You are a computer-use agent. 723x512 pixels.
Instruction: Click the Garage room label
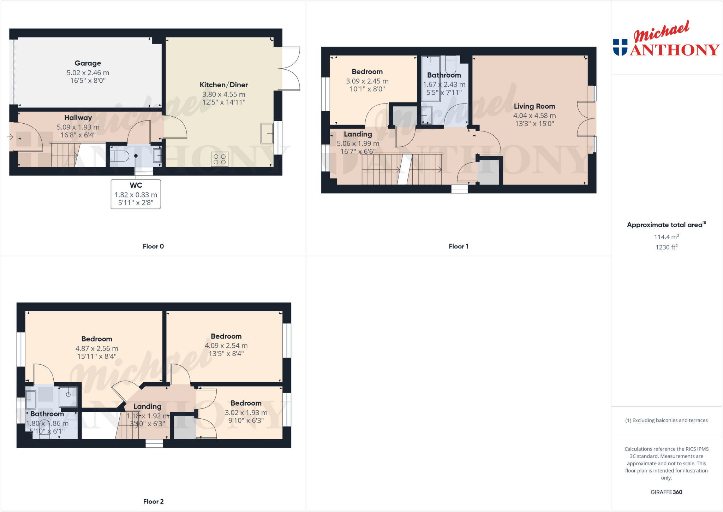88,63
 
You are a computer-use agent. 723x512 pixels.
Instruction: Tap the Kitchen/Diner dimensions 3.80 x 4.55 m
223,94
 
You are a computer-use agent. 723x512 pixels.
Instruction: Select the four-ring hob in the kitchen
220,159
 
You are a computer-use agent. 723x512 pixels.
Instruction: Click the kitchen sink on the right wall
267,133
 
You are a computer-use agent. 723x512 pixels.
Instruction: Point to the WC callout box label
136,185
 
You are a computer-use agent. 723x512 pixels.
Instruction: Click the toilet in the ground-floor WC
119,155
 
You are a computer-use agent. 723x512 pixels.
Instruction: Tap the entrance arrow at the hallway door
10,137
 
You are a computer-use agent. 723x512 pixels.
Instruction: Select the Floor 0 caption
153,246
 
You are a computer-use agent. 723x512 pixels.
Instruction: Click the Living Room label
534,106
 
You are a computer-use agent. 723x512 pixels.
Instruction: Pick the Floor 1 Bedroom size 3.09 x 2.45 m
367,81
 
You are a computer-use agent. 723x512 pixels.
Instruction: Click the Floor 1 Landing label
358,134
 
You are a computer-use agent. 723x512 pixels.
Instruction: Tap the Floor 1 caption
458,246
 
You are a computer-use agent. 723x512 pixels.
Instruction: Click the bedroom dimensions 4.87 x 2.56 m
97,348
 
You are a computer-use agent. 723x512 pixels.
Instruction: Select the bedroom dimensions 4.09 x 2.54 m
226,346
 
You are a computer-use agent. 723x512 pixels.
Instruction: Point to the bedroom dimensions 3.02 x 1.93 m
246,413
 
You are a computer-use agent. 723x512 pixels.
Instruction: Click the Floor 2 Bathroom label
47,414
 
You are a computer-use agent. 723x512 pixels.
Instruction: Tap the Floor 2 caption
153,501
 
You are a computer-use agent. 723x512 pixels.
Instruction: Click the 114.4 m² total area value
666,237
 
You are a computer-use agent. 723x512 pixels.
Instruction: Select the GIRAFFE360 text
666,492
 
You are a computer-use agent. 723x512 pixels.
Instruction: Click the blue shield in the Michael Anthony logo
620,47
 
